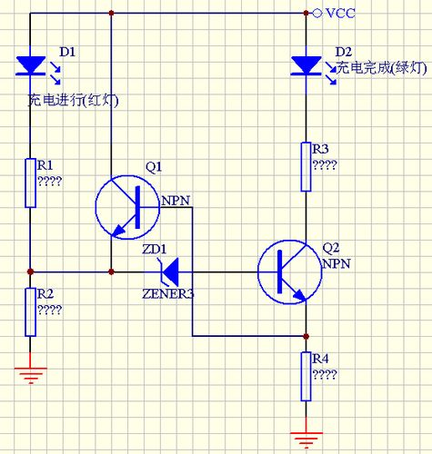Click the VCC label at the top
click(341, 14)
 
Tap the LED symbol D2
click(305, 65)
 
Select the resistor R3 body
click(305, 165)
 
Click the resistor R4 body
click(305, 376)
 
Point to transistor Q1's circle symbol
click(127, 207)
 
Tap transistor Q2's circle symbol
click(288, 271)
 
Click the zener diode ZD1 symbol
click(167, 271)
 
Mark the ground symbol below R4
click(305, 439)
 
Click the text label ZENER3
click(168, 294)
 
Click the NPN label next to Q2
click(335, 262)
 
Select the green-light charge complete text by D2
click(381, 68)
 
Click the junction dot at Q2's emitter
click(305, 335)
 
